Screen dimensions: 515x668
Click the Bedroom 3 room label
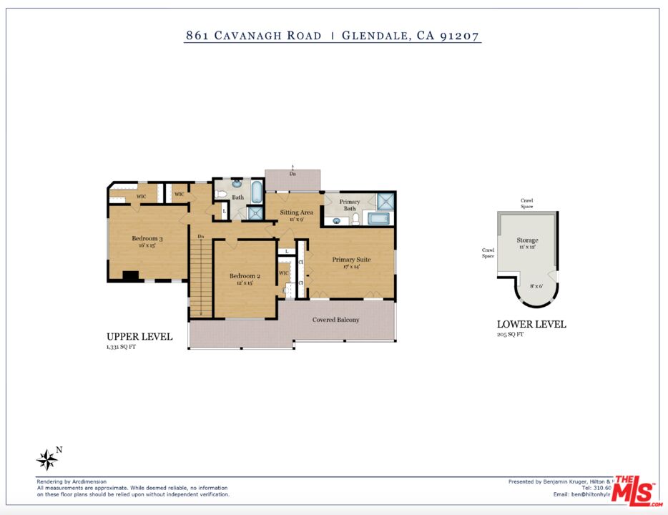(147, 239)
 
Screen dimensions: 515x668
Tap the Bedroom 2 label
(245, 276)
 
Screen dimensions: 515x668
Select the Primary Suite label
(351, 259)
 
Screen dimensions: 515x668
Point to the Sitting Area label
(296, 212)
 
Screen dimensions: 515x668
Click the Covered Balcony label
(335, 320)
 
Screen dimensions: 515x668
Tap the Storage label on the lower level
(527, 240)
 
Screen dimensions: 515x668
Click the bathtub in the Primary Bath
(380, 218)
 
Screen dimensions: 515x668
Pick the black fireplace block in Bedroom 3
(130, 275)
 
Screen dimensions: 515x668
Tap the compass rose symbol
(47, 459)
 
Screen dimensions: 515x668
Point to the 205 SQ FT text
(511, 334)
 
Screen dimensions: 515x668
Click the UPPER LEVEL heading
(139, 337)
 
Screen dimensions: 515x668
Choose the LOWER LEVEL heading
(531, 324)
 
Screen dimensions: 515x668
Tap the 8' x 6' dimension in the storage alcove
(535, 286)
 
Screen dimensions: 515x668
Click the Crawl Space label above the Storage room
(526, 203)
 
